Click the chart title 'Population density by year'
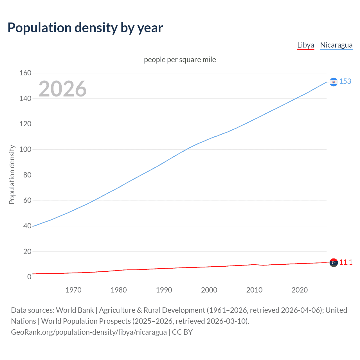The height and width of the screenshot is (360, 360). tap(85, 28)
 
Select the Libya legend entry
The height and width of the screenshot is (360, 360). tap(305, 45)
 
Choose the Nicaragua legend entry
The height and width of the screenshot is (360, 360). tap(336, 45)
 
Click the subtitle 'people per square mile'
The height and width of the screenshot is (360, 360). tap(180, 60)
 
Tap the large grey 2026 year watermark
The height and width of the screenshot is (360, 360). tap(62, 89)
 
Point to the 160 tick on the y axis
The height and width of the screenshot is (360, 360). tap(25, 73)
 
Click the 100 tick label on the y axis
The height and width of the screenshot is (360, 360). tap(25, 150)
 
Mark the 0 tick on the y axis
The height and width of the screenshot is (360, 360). tap(29, 277)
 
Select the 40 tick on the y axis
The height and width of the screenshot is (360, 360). tap(27, 226)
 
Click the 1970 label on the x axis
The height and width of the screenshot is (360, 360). tap(73, 290)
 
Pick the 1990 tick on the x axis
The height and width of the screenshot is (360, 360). tap(164, 290)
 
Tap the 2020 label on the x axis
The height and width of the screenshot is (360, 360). tap(300, 290)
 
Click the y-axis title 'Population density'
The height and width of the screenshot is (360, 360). tap(12, 174)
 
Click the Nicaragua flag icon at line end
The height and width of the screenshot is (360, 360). tap(334, 82)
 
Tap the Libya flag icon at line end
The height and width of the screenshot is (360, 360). tap(334, 263)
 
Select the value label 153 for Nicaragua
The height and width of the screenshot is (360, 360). tap(345, 82)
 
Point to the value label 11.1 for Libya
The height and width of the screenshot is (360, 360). tap(346, 262)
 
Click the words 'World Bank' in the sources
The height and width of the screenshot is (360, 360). tap(75, 310)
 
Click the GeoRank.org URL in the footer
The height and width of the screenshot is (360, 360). tap(89, 332)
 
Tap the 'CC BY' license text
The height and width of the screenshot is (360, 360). tap(182, 332)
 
